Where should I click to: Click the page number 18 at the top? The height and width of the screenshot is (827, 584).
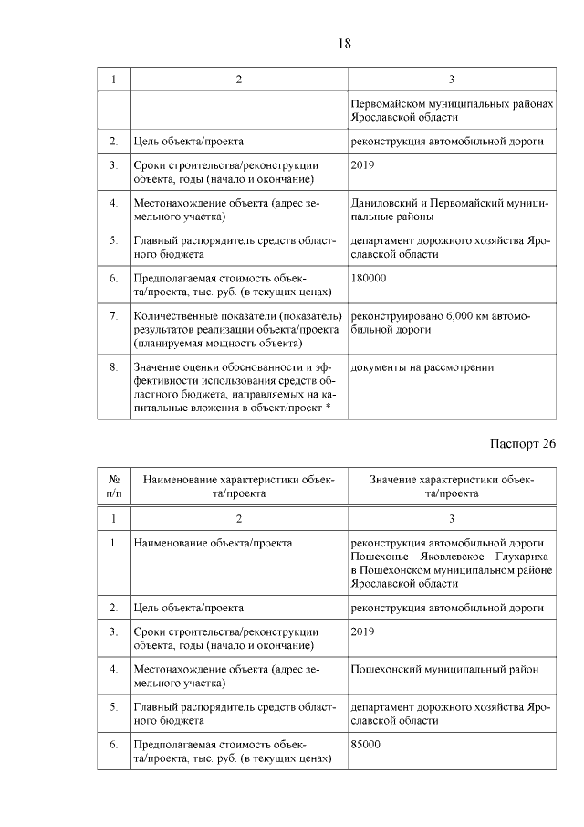[345, 42]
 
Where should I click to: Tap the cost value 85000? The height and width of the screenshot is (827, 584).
[366, 744]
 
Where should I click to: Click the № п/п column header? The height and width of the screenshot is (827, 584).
[114, 485]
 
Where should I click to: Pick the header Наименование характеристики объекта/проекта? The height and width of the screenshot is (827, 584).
[238, 485]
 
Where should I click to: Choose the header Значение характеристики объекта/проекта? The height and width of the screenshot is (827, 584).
[452, 485]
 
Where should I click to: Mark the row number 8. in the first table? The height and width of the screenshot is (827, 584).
[114, 366]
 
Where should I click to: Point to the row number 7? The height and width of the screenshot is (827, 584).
[114, 314]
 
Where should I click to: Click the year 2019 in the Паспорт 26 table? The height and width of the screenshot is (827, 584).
[362, 631]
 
